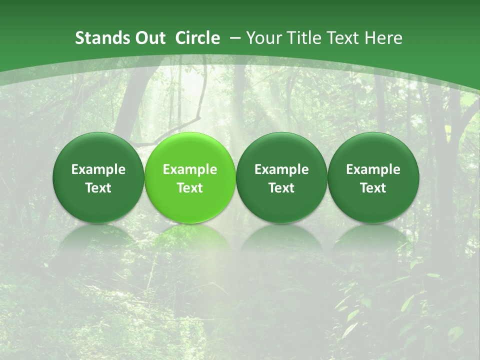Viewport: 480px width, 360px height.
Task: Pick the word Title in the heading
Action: pyautogui.click(x=302, y=38)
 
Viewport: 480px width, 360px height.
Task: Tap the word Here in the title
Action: pyautogui.click(x=383, y=38)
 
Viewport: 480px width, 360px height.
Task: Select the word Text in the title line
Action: pyautogui.click(x=342, y=38)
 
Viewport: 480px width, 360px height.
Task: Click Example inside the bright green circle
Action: pyautogui.click(x=190, y=169)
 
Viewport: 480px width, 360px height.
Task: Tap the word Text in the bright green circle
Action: pyautogui.click(x=190, y=188)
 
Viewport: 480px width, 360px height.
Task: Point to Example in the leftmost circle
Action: pyautogui.click(x=98, y=169)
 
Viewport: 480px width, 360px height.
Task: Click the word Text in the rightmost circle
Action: pyautogui.click(x=373, y=188)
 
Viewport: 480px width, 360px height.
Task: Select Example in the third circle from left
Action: pyautogui.click(x=281, y=169)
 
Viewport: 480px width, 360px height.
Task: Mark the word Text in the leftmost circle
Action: pyautogui.click(x=98, y=188)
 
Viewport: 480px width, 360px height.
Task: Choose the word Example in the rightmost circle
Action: pyautogui.click(x=373, y=169)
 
